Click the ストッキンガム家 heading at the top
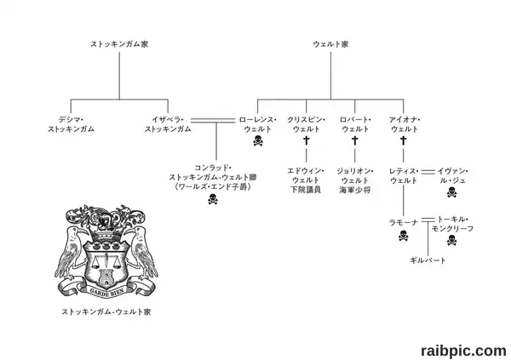(119, 44)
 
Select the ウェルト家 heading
(330, 44)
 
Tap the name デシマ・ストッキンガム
(71, 124)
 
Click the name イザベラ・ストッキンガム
(168, 124)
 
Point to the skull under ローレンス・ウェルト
(258, 140)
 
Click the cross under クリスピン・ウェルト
(307, 140)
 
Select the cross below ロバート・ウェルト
(355, 140)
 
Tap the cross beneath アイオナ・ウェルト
(404, 140)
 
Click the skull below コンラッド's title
(213, 199)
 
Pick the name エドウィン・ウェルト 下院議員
(306, 180)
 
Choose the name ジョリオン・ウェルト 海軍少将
(355, 180)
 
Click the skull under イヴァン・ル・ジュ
(452, 192)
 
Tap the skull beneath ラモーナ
(404, 236)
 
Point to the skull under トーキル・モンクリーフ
(452, 240)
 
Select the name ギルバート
(428, 260)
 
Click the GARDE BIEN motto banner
(106, 290)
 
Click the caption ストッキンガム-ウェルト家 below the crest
(106, 311)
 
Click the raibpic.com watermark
(463, 351)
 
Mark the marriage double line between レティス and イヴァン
(428, 172)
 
